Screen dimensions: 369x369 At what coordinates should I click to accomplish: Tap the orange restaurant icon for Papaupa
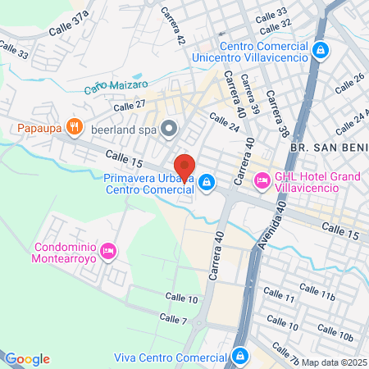(75, 126)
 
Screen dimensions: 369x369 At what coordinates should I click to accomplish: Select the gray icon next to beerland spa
(170, 127)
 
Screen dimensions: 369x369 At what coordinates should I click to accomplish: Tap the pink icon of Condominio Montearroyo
(112, 250)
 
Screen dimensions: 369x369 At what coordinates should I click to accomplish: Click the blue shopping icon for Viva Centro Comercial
(240, 357)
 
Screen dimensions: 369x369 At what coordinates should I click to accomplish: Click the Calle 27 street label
(129, 104)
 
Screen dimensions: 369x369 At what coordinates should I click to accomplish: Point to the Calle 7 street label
(173, 318)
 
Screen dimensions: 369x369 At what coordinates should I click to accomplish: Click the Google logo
(27, 359)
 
